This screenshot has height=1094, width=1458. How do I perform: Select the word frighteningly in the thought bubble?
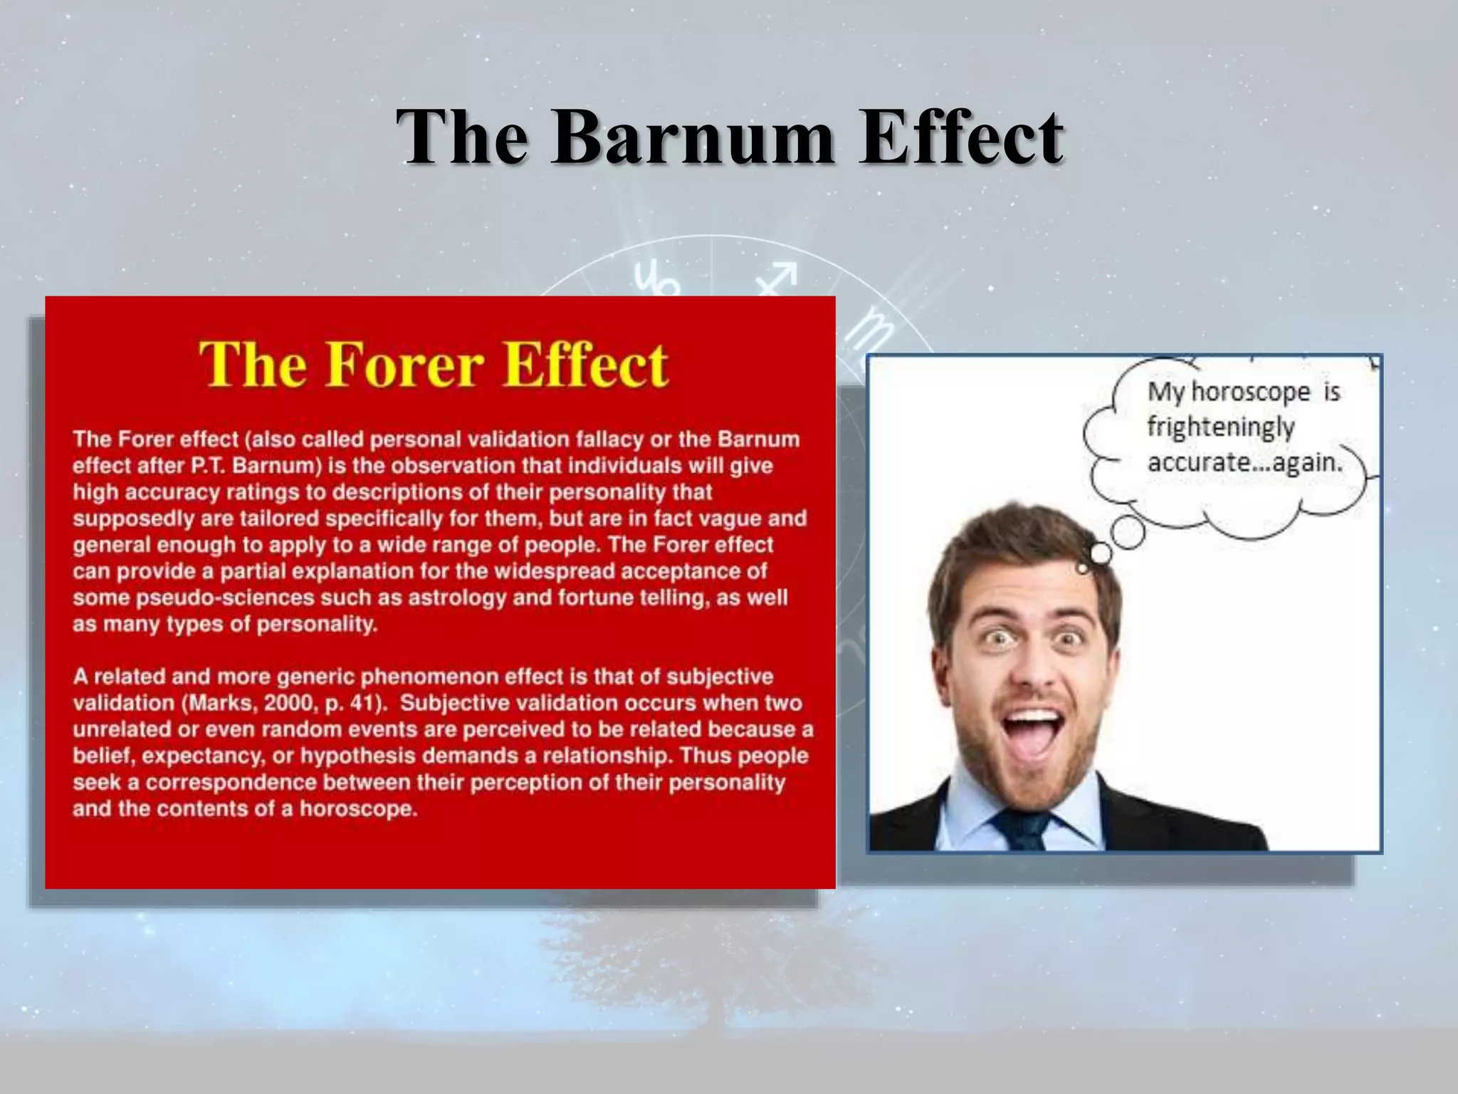click(x=1220, y=427)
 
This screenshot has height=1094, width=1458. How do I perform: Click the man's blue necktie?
click(x=1023, y=829)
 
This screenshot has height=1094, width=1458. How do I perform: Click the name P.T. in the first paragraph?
click(x=207, y=466)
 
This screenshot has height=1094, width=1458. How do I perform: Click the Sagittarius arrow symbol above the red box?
click(x=777, y=278)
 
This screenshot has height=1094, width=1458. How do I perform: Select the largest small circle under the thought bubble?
click(x=1128, y=532)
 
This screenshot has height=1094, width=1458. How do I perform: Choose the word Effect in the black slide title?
click(x=960, y=137)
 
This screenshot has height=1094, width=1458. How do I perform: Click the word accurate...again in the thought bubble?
click(x=1244, y=462)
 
